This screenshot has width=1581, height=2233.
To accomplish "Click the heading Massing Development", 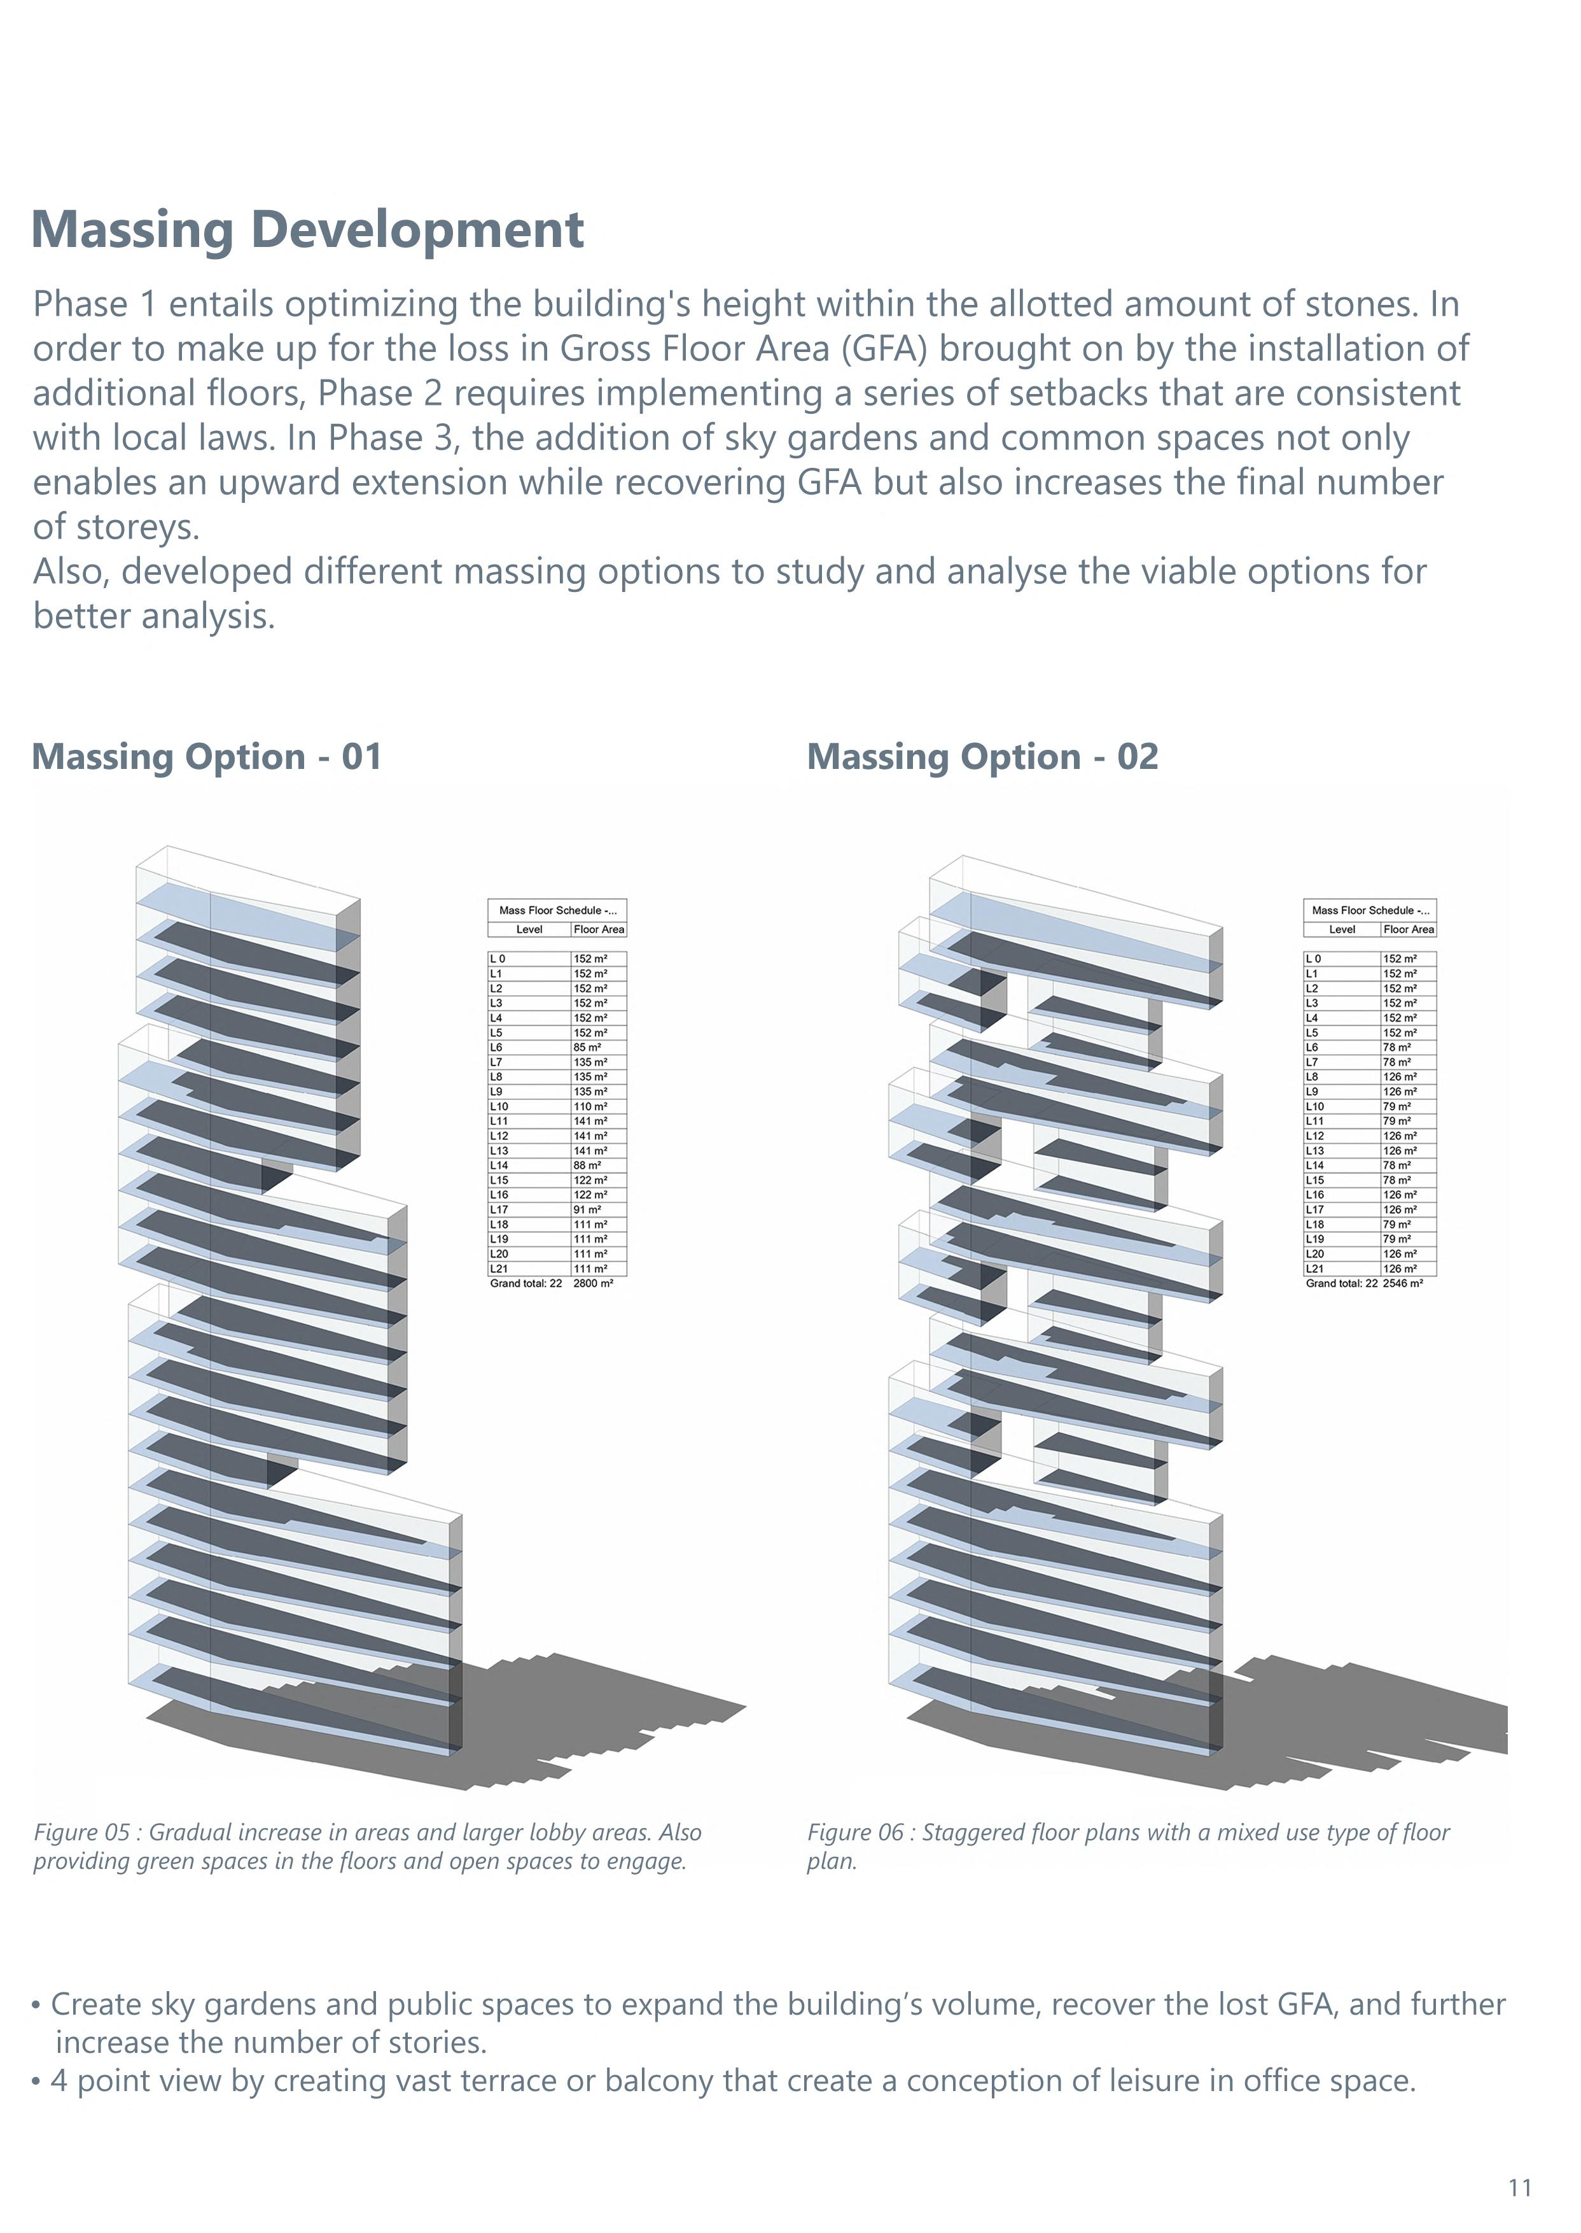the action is (x=308, y=231).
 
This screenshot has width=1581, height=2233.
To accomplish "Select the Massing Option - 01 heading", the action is (x=206, y=757).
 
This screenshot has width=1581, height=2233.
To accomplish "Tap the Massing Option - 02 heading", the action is (x=982, y=757).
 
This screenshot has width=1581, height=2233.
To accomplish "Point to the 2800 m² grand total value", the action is (x=593, y=1283).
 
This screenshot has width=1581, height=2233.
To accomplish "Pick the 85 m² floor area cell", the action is (x=587, y=1048).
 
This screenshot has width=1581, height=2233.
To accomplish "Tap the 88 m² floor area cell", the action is (x=587, y=1166).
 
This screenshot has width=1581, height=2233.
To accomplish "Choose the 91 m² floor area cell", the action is (x=587, y=1209).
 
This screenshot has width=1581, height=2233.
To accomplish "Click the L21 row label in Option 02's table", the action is (x=1314, y=1269).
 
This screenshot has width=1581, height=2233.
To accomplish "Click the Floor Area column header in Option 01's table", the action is (x=599, y=929).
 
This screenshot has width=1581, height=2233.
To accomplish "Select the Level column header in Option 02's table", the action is (x=1342, y=929).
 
